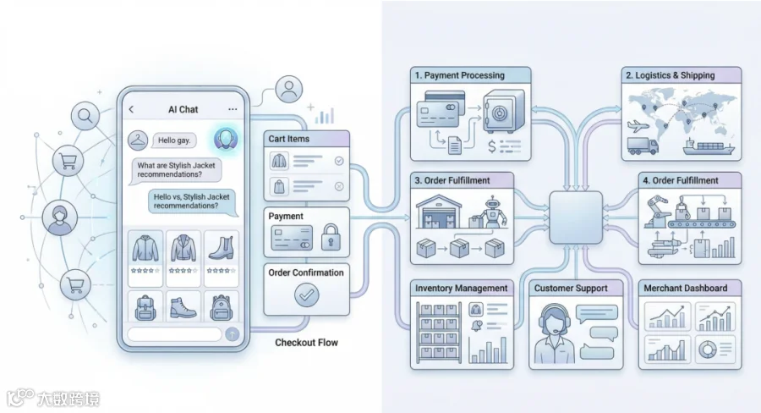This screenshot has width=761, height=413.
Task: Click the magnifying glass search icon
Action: point(85,116)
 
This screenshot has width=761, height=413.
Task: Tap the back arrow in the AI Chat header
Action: point(131,109)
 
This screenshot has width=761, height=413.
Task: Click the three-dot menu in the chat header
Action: point(233,109)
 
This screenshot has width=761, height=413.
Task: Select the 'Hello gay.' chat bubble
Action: point(174,140)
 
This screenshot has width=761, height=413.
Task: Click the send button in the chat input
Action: point(233,333)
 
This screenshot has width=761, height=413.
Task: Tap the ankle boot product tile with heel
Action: point(222,258)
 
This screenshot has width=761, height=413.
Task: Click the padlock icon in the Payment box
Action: point(331,237)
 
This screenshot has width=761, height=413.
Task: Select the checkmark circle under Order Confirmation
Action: point(307,295)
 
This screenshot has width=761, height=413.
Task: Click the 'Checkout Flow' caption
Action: point(306,343)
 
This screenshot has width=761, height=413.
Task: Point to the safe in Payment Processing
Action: point(504,111)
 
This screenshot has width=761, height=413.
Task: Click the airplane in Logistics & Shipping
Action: point(638,126)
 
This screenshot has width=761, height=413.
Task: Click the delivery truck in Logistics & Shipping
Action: point(643,146)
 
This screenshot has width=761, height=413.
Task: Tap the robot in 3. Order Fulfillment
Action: point(493,212)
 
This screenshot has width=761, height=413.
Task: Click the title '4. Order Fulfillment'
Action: point(681,181)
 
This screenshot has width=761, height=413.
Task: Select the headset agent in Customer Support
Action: point(554,333)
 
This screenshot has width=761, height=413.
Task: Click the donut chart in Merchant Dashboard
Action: point(707,349)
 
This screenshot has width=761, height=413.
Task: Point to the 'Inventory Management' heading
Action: point(461,288)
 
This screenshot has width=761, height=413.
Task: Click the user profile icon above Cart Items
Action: point(289,89)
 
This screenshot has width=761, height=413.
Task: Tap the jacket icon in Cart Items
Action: point(279,161)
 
